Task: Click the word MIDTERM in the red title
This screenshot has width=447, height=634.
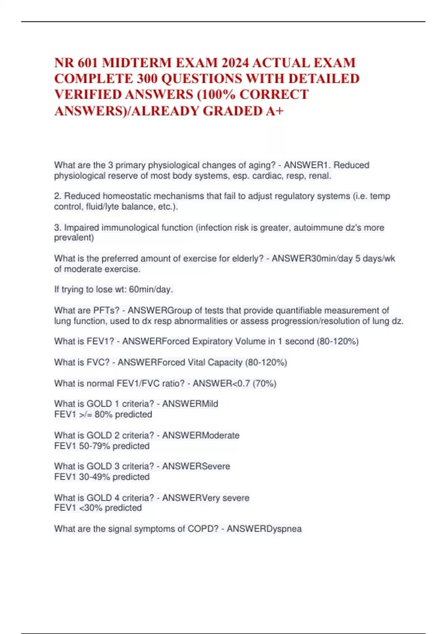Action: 137,63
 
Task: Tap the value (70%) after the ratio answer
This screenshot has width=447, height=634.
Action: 264,383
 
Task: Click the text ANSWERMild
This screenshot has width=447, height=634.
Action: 190,404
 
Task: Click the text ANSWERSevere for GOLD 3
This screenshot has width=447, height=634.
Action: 196,466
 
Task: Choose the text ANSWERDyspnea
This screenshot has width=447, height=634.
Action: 264,529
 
